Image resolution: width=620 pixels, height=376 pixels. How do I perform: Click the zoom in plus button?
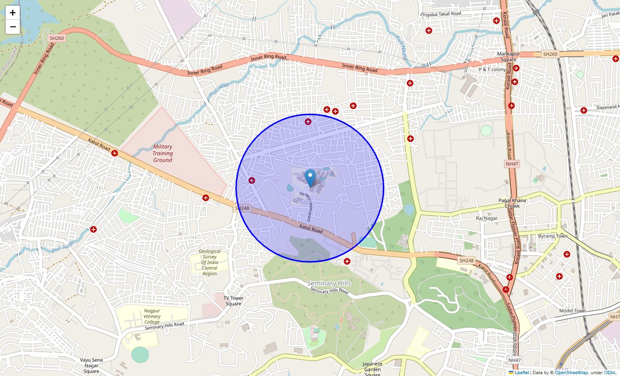coord(13,13)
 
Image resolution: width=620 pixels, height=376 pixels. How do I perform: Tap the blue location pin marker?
coord(310,178)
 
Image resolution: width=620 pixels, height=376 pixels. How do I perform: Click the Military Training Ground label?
coord(163,153)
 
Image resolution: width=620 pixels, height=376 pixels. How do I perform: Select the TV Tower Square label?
coord(233,301)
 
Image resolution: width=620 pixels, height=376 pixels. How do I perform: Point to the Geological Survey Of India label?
coord(209,262)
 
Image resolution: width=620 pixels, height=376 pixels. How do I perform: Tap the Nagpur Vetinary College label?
coord(152,316)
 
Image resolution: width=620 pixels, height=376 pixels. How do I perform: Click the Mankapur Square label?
coord(507,57)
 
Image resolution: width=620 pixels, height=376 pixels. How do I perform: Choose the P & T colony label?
coord(492,70)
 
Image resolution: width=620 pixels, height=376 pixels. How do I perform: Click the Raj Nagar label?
coord(486,218)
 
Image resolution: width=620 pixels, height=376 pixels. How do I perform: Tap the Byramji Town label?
coord(553,236)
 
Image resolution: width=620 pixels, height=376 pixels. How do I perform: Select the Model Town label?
coord(573,311)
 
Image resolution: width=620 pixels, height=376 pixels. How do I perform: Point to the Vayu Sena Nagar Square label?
coord(91,365)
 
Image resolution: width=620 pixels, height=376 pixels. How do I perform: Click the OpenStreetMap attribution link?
coord(571,372)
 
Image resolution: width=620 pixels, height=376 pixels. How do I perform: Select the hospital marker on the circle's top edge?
coord(308,122)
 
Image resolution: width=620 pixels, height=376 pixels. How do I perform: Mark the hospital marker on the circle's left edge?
coord(252,180)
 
